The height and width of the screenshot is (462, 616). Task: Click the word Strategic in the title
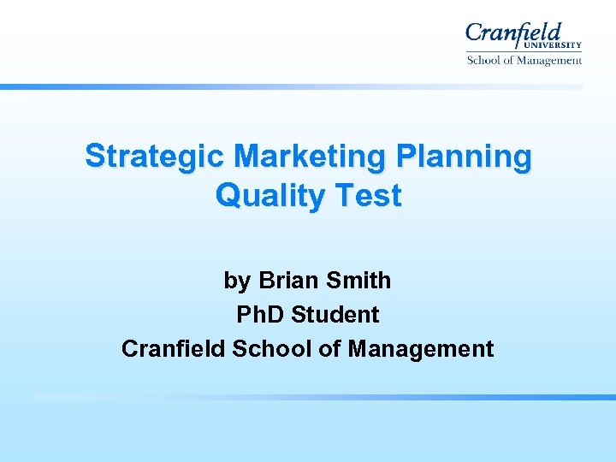(x=153, y=157)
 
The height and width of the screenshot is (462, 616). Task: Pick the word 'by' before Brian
(x=237, y=281)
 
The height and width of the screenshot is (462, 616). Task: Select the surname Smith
(x=361, y=281)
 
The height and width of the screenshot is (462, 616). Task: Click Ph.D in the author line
(x=260, y=315)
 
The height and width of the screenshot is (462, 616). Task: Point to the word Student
(x=335, y=315)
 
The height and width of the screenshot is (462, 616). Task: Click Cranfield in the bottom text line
(x=175, y=349)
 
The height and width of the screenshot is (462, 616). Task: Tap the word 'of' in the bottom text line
(x=329, y=349)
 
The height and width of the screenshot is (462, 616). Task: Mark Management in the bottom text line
(x=421, y=349)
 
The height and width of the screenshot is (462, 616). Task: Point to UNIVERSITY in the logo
(x=555, y=46)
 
